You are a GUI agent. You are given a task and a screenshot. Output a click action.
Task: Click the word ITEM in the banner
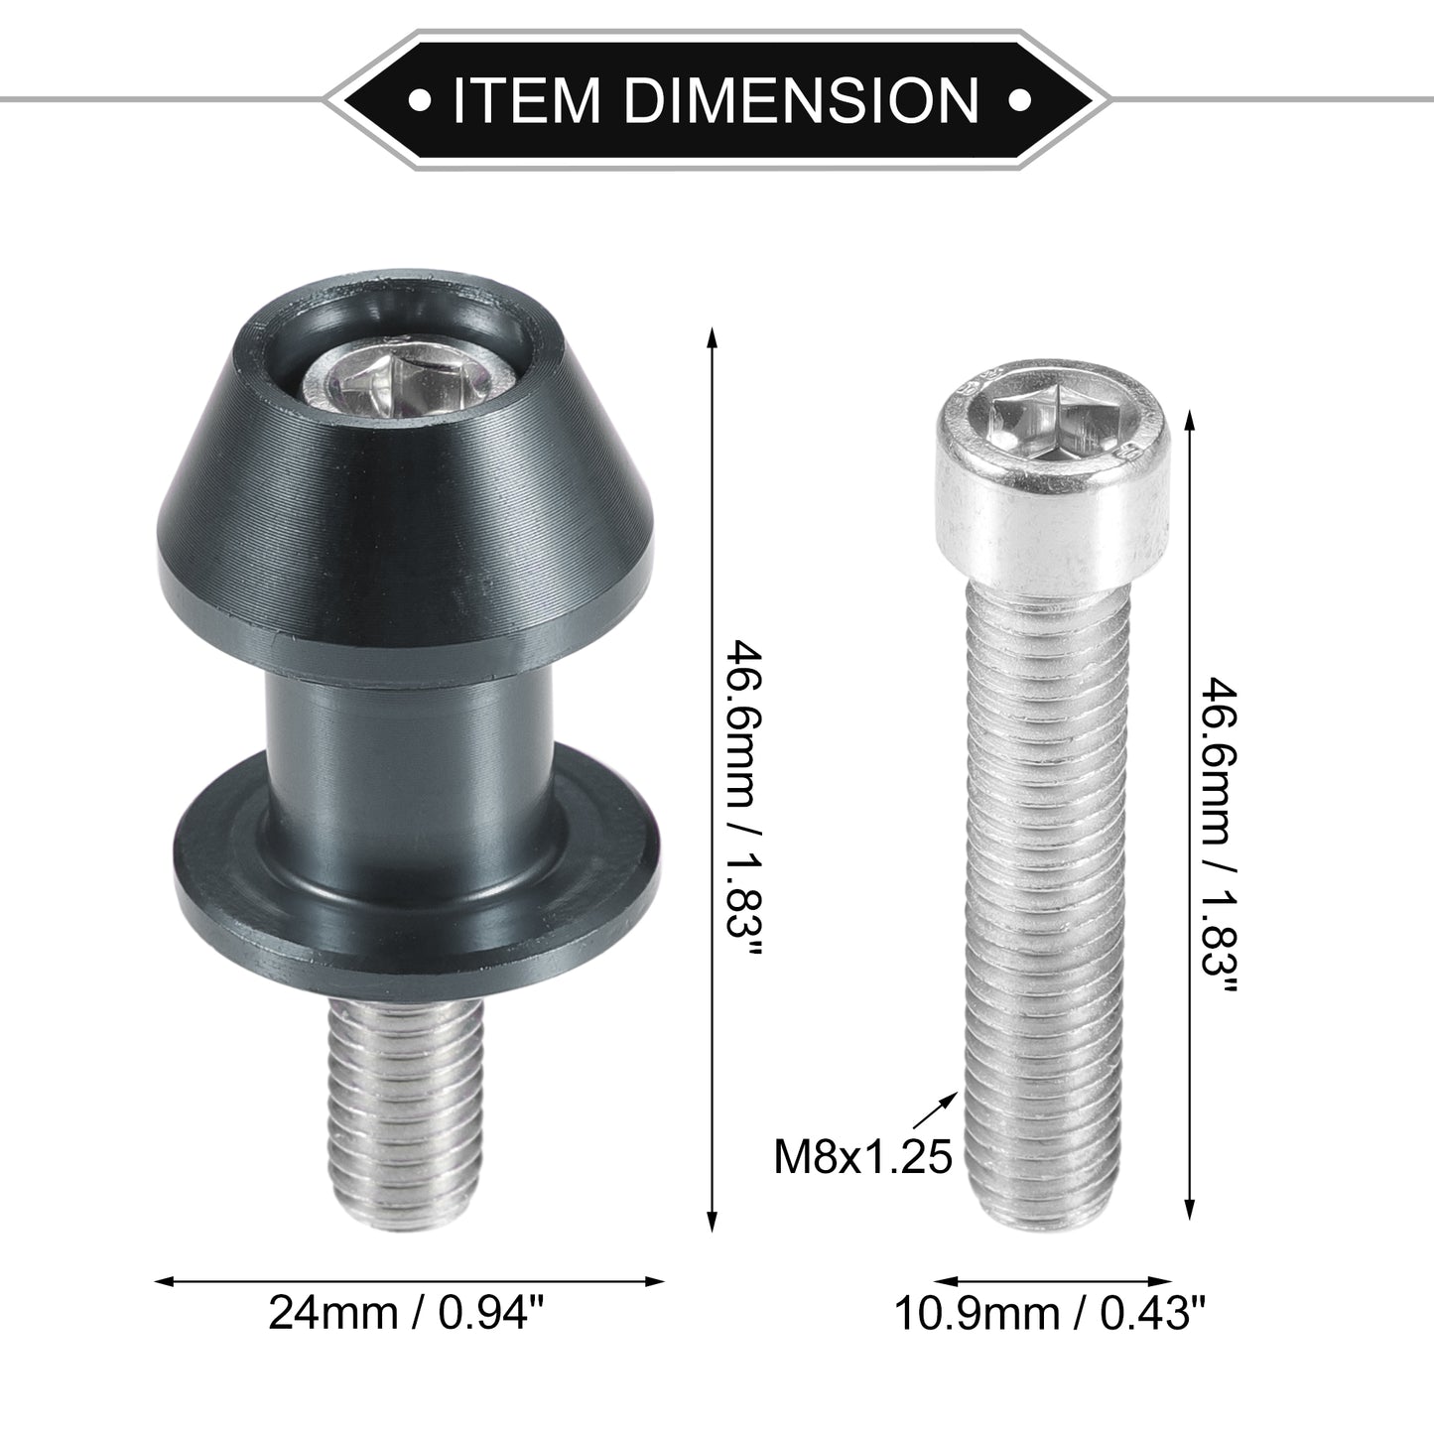coord(525,99)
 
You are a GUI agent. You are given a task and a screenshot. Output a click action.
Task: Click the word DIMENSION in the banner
coord(802,99)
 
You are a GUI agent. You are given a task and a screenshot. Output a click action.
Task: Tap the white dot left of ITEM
coord(421,99)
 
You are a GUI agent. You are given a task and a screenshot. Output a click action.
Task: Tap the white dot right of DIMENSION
coord(1018,99)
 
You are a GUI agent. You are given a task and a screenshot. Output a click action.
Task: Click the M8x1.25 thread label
coord(863,1157)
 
